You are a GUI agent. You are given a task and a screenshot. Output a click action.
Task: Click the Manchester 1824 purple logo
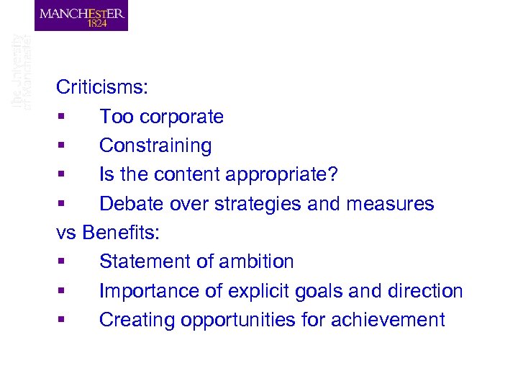pos(81,15)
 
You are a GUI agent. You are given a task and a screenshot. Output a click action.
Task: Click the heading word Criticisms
pos(102,88)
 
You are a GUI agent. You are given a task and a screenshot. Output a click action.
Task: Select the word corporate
pos(181,117)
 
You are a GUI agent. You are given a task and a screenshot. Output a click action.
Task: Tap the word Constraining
pos(155,146)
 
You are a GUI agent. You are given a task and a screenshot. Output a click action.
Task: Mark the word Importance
pos(149,291)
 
